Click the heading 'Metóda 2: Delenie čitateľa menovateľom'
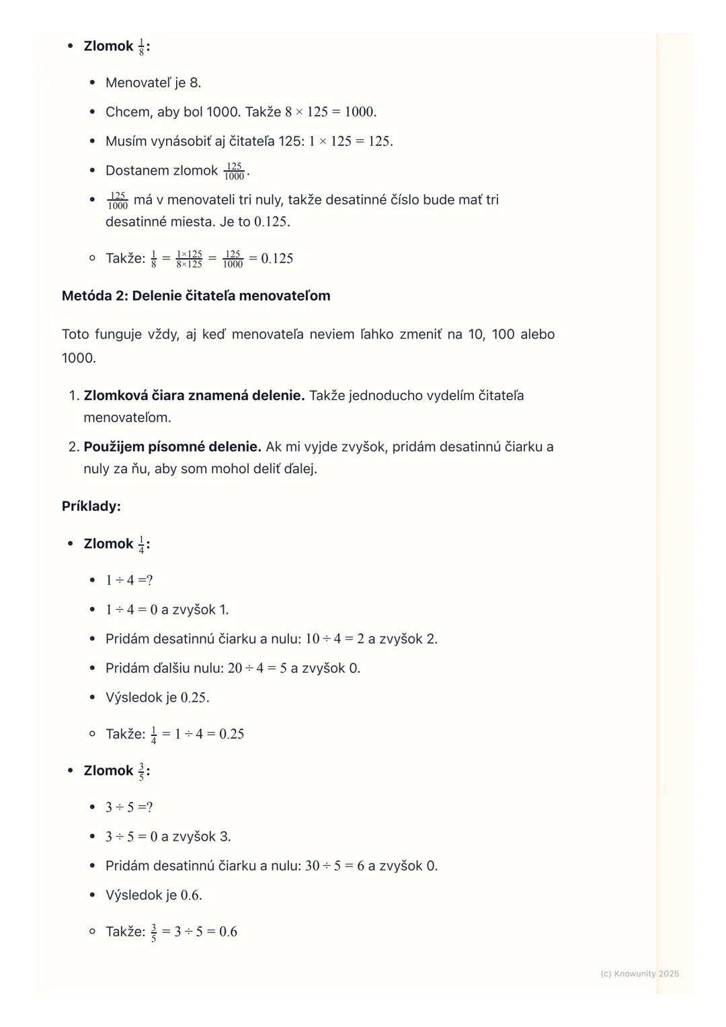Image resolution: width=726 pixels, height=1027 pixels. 196,296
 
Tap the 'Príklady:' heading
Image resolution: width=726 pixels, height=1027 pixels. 91,506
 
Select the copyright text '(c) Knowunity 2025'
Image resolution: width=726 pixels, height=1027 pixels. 639,973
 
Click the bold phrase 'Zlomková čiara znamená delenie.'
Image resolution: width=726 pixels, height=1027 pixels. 194,395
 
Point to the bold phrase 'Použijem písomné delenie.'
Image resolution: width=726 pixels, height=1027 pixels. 172,446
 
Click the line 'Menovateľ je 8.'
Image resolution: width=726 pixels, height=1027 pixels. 153,83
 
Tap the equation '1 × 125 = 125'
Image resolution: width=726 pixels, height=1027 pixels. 350,141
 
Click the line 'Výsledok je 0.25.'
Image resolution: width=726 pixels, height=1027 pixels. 157,697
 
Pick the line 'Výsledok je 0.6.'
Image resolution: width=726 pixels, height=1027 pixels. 154,895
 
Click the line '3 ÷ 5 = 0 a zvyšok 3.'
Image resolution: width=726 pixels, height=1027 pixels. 168,836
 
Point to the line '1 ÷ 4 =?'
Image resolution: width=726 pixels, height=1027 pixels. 129,580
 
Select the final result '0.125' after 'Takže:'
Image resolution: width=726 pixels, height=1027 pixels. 277,259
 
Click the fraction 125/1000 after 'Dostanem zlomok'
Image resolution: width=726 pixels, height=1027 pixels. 234,171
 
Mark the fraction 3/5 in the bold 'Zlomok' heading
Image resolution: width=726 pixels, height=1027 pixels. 141,771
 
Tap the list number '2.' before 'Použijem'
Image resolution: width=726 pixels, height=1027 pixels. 74,446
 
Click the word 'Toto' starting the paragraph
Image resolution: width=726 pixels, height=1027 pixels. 75,334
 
